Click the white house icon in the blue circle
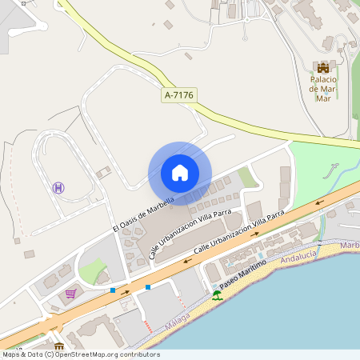click(x=179, y=173)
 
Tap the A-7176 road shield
click(x=179, y=95)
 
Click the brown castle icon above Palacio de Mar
click(x=323, y=68)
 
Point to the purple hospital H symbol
click(x=58, y=187)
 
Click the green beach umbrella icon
click(x=217, y=294)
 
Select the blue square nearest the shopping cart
click(x=113, y=290)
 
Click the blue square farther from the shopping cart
click(x=148, y=286)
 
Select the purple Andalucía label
click(x=298, y=258)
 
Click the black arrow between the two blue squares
click(x=126, y=293)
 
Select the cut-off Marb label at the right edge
click(x=350, y=245)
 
